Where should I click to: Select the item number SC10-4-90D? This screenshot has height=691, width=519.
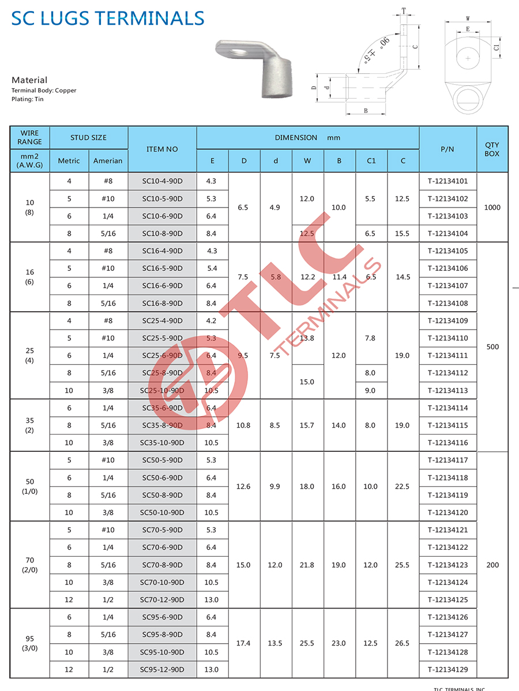[x=162, y=182]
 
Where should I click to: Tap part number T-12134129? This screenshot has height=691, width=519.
[x=447, y=670]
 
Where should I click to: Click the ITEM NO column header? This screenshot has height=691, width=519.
[x=162, y=149]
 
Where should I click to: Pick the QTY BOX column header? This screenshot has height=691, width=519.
[x=492, y=149]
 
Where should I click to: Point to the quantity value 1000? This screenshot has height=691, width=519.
[x=492, y=207]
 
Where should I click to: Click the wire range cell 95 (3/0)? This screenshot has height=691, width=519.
[x=30, y=643]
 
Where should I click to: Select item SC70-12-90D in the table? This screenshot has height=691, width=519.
[x=162, y=600]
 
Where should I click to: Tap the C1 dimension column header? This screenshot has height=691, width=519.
[x=371, y=161]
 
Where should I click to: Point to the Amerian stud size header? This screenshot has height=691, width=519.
[x=108, y=161]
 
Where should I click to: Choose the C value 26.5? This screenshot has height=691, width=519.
[x=403, y=643]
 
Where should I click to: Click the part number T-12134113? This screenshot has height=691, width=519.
[x=447, y=391]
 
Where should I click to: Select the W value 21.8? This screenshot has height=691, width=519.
[x=307, y=565]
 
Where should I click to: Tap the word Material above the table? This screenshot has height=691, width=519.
[x=29, y=80]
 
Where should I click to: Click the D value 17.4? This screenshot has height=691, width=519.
[x=243, y=643]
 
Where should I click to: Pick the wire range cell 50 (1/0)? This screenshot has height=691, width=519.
[x=30, y=486]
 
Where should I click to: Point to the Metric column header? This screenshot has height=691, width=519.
[x=69, y=161]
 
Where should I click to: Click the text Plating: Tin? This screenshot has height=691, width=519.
[x=27, y=99]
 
